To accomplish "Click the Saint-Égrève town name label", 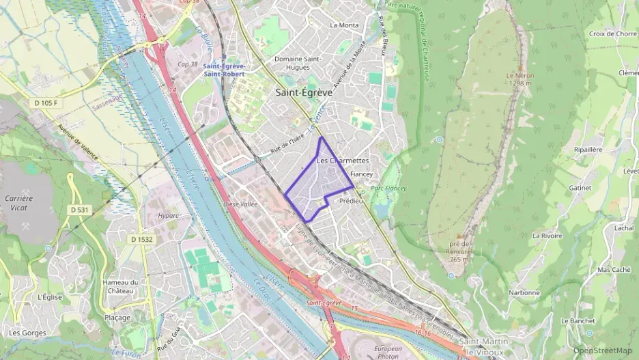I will coord(303,92).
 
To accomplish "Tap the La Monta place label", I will coord(343,25).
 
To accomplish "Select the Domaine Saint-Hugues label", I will coord(298,62).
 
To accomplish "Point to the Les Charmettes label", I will coord(343,161).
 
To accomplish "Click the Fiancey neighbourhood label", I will coord(361,174).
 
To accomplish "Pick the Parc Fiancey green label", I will coord(388,188).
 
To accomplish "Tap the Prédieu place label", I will coord(351,201).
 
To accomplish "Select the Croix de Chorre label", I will coord(612,33).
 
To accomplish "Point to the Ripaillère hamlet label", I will coord(588,149).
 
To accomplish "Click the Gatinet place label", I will coord(580,187).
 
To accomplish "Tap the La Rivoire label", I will coord(546,235).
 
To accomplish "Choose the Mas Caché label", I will coord(614,269).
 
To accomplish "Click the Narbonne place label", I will coord(524,292).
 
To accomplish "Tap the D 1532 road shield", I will coord(141,239).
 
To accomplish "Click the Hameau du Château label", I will coord(120,287).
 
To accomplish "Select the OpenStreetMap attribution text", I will coord(603,350).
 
